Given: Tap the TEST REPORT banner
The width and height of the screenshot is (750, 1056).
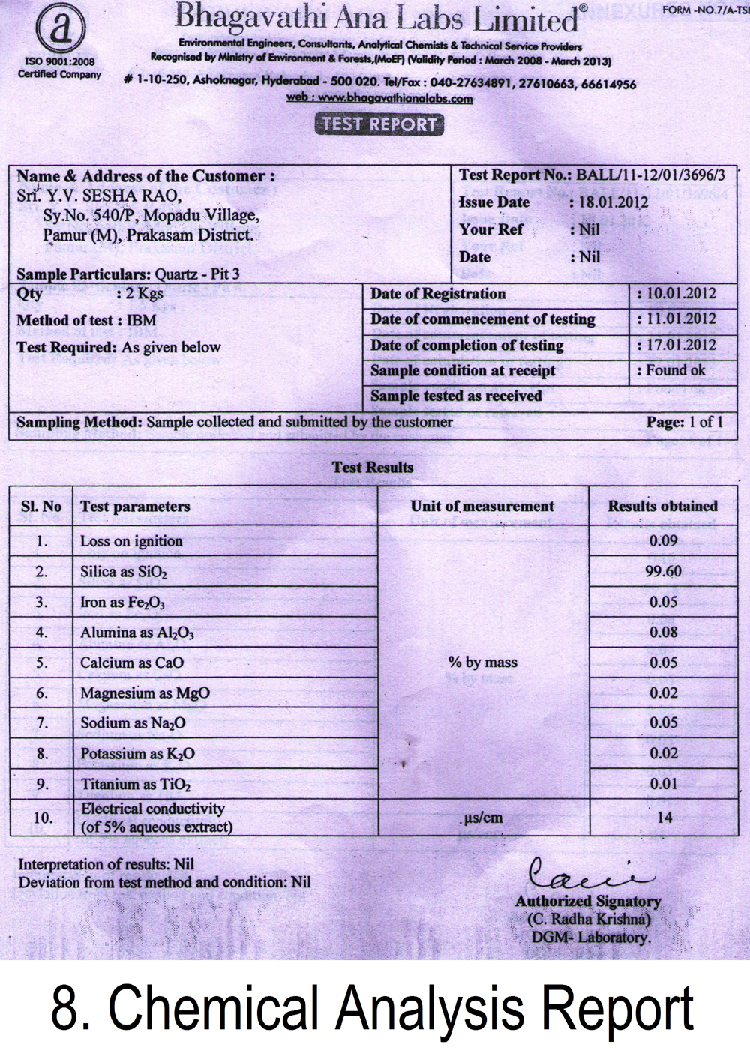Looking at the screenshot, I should (379, 124).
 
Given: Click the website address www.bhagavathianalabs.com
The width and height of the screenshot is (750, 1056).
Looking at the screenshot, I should (379, 98).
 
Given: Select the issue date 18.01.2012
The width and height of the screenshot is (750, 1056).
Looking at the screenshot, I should (613, 202).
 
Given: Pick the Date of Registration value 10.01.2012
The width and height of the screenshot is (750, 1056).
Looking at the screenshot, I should (679, 293).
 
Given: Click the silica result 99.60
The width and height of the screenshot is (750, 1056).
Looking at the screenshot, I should (663, 571).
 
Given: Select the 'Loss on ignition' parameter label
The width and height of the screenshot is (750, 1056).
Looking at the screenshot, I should (131, 541).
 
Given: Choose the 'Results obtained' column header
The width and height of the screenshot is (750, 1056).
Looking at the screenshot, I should (662, 506).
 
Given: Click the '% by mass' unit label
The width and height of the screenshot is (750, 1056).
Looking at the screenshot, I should (483, 663).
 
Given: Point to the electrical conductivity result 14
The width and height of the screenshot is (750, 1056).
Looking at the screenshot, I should (664, 818).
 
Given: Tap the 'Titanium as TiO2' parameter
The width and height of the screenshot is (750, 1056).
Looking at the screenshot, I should (135, 785).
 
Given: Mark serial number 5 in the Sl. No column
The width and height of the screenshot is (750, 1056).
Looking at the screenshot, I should (42, 663).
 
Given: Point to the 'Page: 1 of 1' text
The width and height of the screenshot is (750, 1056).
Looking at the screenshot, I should (685, 422).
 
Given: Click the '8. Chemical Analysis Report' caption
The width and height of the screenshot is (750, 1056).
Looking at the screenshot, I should (373, 1008).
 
